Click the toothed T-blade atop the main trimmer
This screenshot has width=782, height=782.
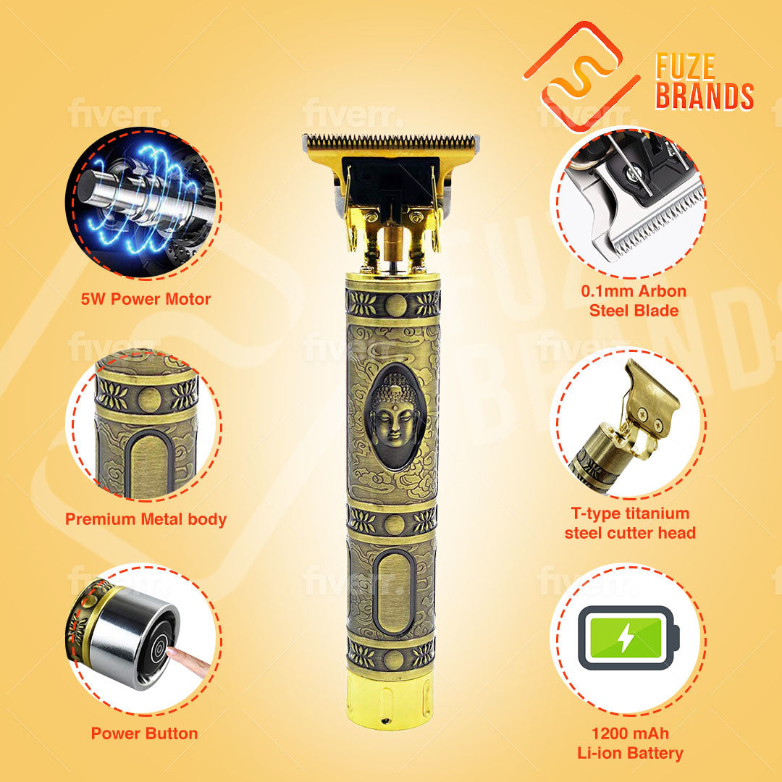(x=390, y=143)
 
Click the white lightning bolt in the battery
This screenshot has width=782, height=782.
(x=626, y=638)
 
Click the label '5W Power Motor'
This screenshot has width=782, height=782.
(x=146, y=299)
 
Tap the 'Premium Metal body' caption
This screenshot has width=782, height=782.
(x=146, y=519)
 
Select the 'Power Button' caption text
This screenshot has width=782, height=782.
(x=144, y=733)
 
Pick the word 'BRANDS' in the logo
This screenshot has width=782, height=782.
(x=705, y=96)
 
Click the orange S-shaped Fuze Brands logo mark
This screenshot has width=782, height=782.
(x=581, y=76)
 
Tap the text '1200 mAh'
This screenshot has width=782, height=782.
(x=631, y=733)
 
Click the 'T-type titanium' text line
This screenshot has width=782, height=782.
(x=630, y=513)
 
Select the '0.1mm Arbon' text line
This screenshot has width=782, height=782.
(x=634, y=291)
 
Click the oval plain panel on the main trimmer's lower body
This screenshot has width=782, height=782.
(x=393, y=594)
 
